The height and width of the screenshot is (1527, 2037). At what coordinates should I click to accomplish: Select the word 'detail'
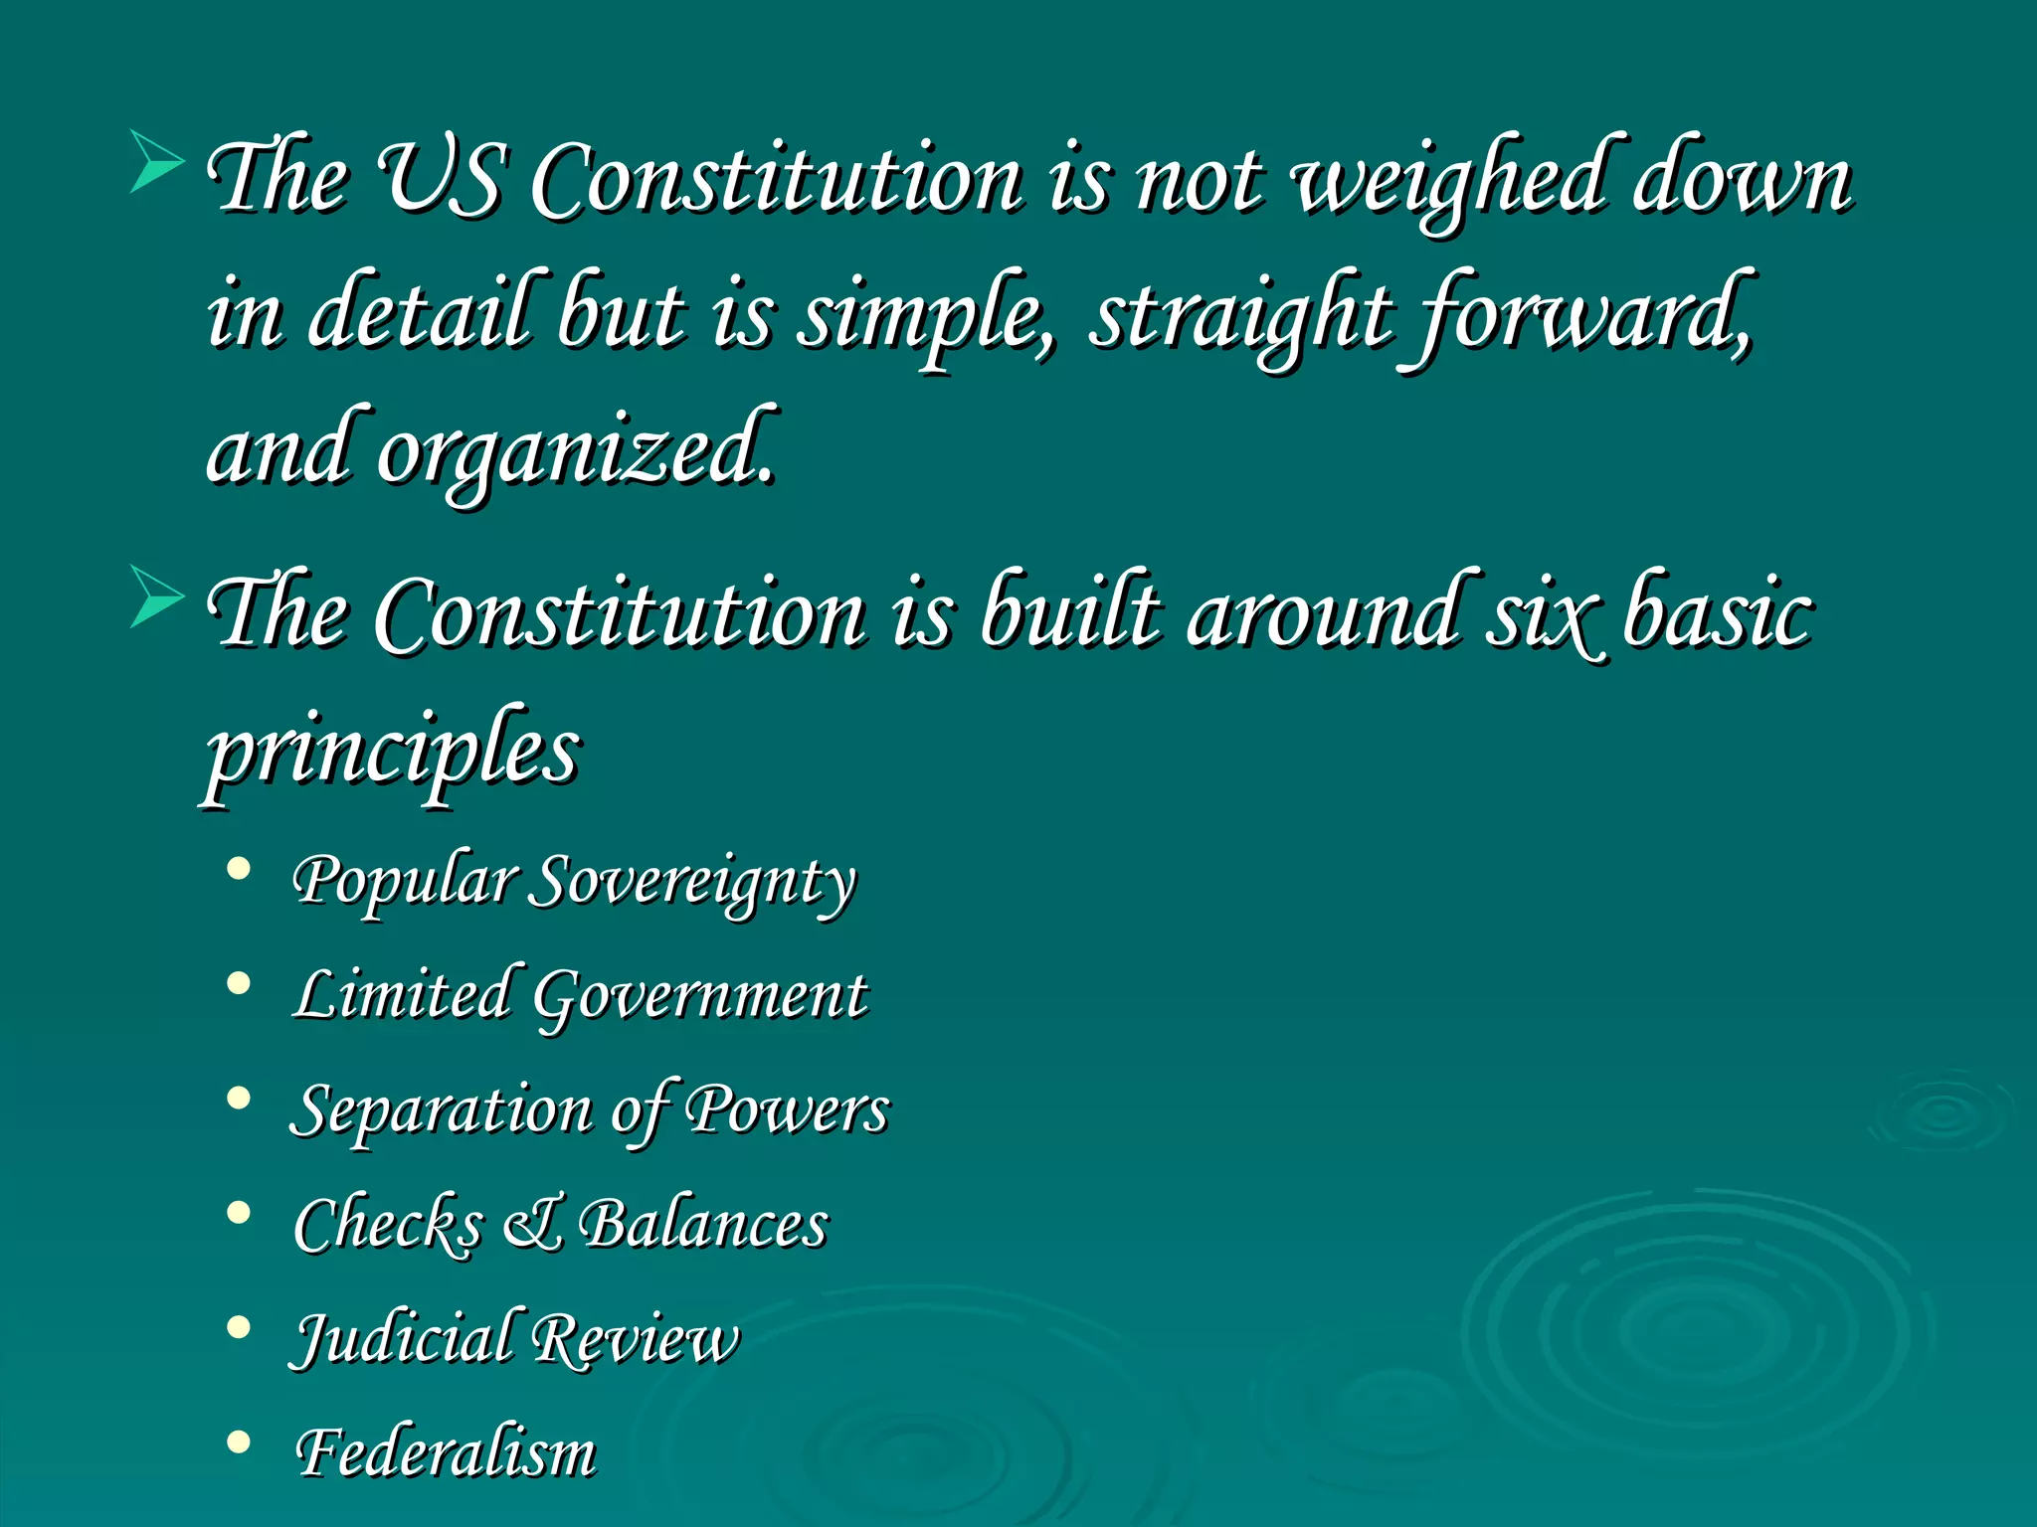click(425, 315)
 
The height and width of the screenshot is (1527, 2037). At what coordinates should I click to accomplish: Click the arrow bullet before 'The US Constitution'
click(157, 160)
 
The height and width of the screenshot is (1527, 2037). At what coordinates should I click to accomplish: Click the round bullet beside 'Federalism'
click(238, 1442)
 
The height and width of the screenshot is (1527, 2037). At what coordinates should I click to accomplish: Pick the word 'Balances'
click(703, 1224)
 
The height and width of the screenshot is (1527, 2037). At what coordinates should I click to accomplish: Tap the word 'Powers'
click(788, 1109)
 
